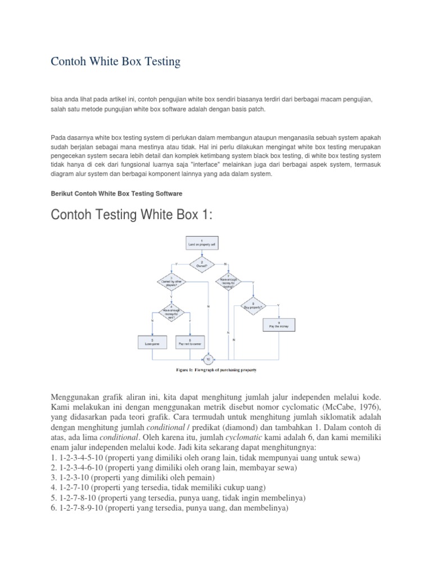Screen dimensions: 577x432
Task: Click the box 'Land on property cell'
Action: (201, 243)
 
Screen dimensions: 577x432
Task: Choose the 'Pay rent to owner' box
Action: (191, 342)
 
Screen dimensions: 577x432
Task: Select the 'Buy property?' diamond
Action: (253, 307)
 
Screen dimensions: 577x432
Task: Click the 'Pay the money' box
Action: (278, 325)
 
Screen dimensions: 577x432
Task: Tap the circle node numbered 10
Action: (209, 358)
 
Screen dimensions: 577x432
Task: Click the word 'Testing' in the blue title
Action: (160, 62)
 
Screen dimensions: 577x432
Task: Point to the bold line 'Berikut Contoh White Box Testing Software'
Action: (116, 193)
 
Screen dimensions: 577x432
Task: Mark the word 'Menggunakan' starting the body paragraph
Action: (80, 398)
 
